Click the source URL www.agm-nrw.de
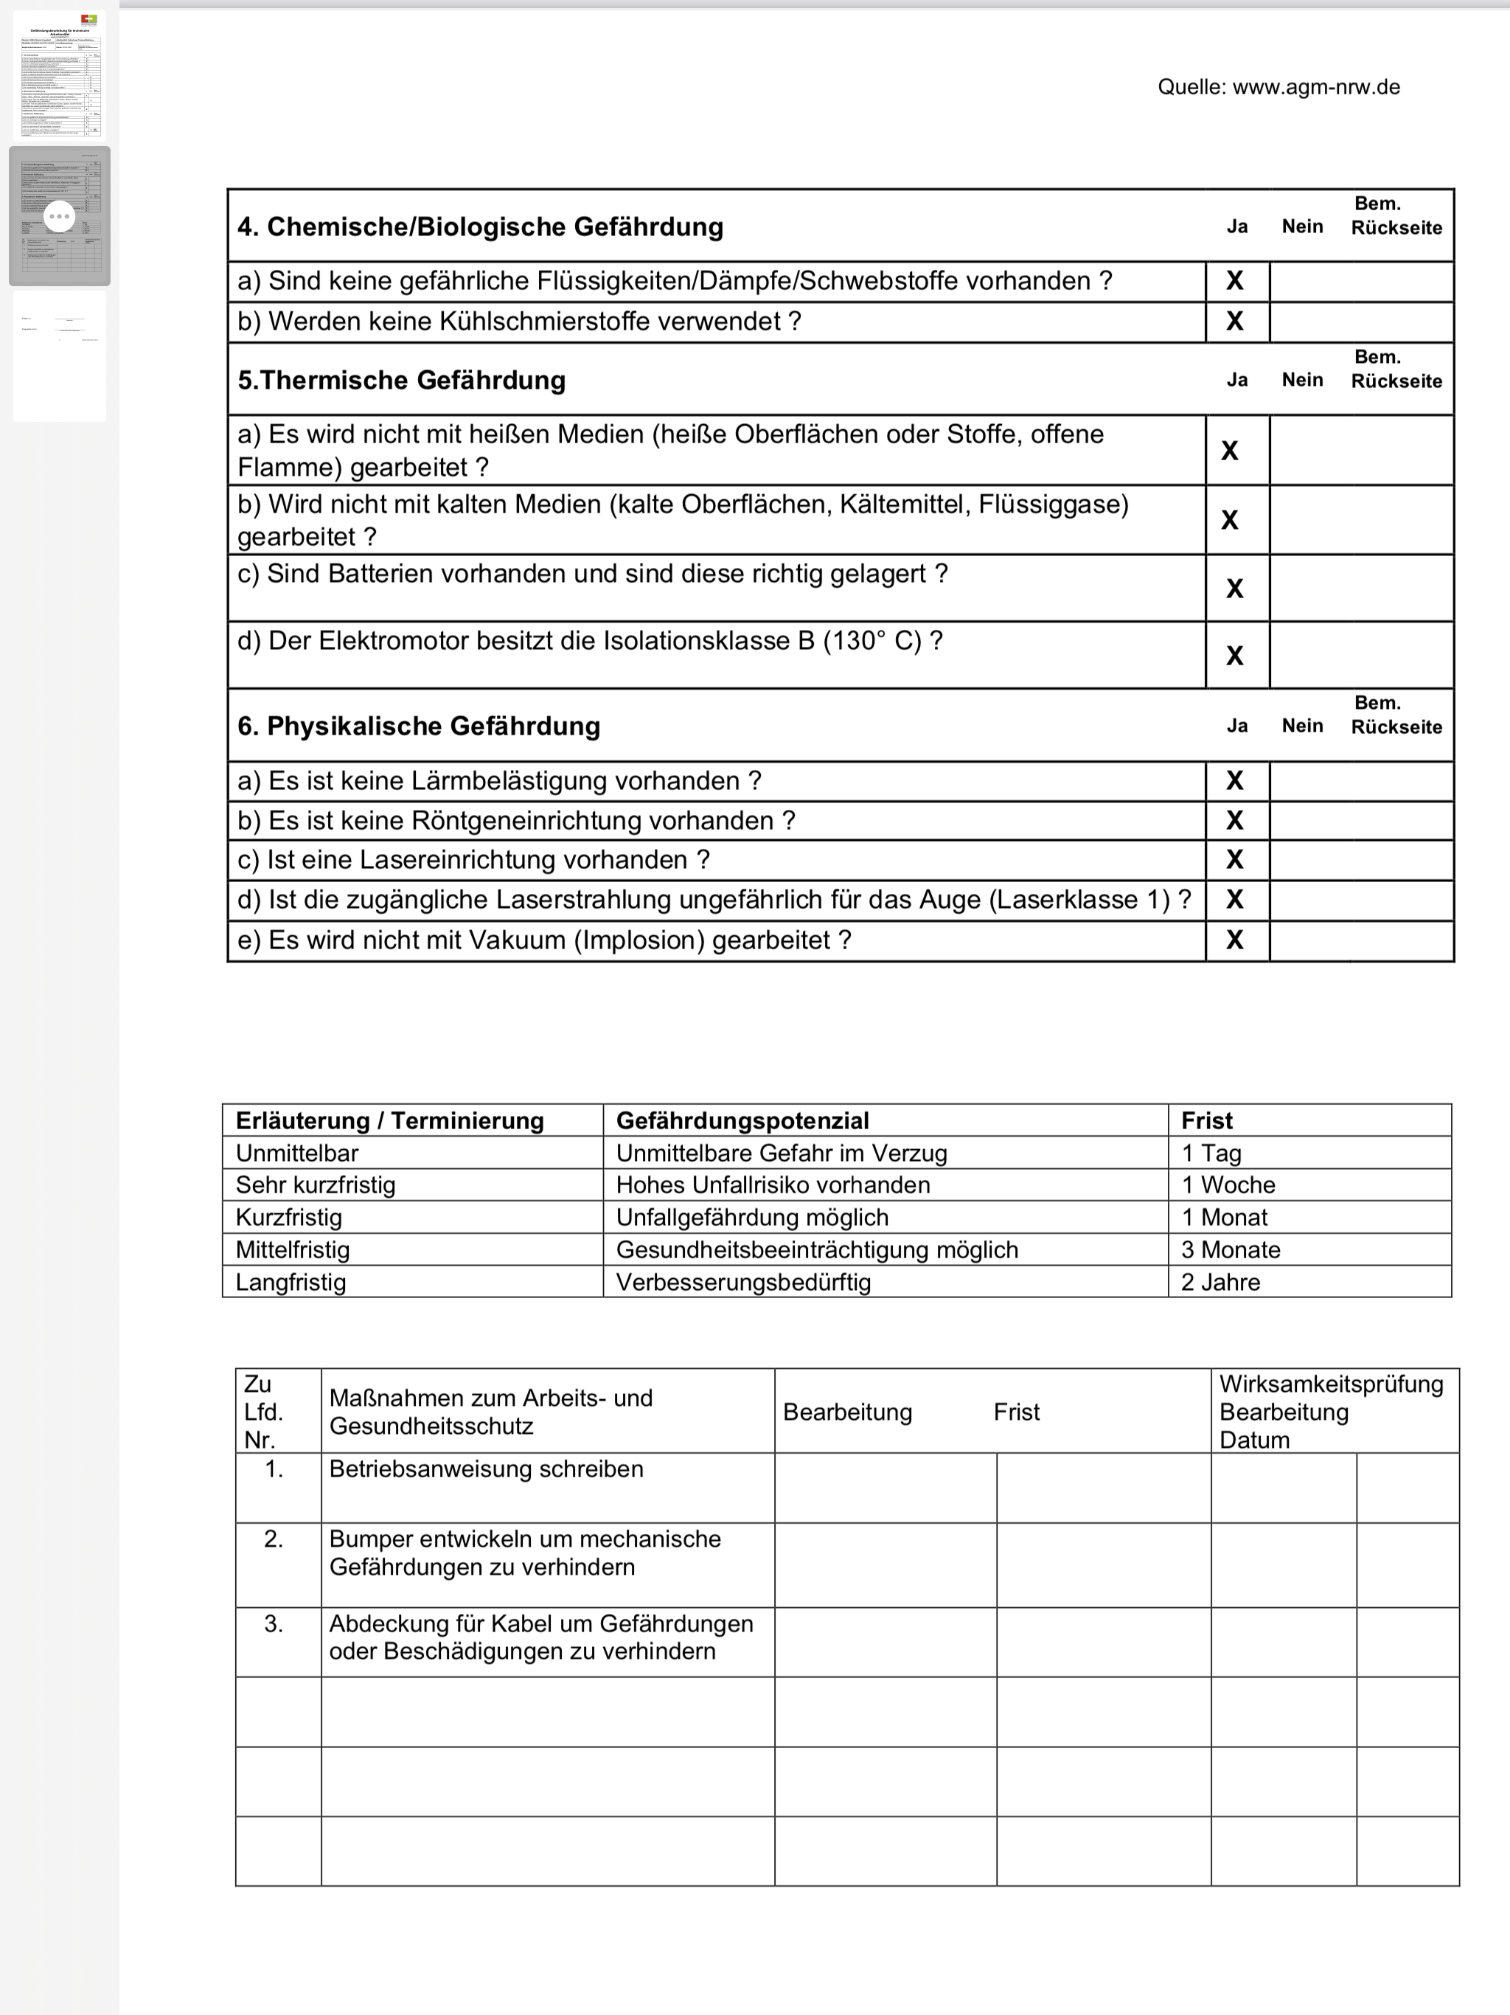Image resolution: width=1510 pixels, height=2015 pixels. pos(1316,88)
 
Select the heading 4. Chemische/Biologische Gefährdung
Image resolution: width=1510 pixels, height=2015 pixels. pos(480,227)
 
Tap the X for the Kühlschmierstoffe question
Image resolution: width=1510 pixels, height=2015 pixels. pos(1235,322)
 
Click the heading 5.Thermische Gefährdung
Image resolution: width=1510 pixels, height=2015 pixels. pos(402,380)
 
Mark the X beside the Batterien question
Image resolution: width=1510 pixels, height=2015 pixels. pos(1235,589)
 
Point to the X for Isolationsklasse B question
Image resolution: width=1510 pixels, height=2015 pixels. pos(1235,656)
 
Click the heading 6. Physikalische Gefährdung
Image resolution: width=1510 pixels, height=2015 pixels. pos(419,726)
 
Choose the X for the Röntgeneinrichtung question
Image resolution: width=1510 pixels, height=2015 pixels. pos(1235,821)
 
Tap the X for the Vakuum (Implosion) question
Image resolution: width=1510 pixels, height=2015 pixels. pos(1235,940)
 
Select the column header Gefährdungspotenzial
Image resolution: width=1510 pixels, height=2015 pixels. pos(742,1120)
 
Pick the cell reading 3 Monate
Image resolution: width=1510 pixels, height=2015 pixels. pos(1231,1250)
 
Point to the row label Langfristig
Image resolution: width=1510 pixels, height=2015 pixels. pos(290,1283)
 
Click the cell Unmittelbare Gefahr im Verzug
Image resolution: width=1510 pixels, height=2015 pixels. pos(782,1154)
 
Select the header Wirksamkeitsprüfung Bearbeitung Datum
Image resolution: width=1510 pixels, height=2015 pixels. pos(1331,1412)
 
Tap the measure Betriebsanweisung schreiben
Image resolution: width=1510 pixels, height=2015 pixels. pos(487,1469)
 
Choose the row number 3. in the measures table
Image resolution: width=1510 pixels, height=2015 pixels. pos(274,1624)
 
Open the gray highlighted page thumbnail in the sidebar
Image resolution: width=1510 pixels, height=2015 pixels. pos(59,216)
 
